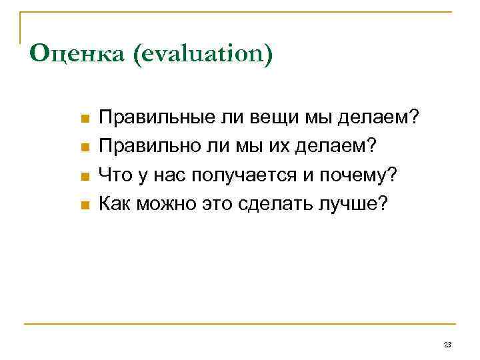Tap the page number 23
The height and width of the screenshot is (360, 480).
447,345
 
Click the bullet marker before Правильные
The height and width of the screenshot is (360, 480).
84,119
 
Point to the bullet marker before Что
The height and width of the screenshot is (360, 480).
84,176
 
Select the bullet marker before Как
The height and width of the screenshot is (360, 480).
84,205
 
